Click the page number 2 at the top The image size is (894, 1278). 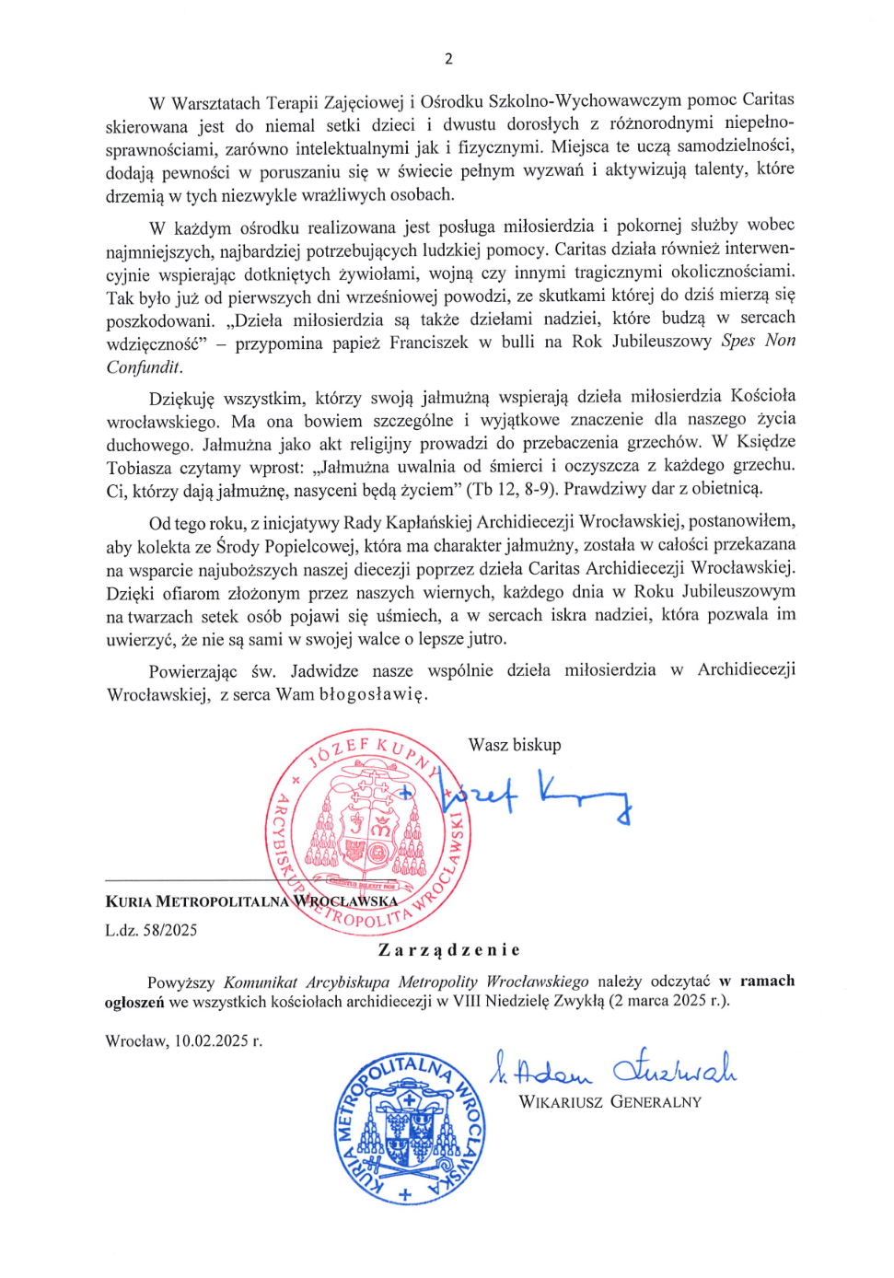click(x=448, y=59)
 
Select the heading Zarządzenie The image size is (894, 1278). click(x=449, y=950)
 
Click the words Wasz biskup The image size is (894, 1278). click(x=515, y=745)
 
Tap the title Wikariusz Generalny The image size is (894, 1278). click(x=610, y=1102)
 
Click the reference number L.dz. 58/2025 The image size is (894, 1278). click(x=151, y=930)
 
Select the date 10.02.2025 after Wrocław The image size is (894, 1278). click(x=213, y=1041)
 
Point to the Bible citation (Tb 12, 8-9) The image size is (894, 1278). click(x=511, y=489)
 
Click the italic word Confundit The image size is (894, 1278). click(x=144, y=367)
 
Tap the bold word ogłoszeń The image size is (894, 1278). click(x=134, y=1003)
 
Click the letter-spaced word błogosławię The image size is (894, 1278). click(x=373, y=694)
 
